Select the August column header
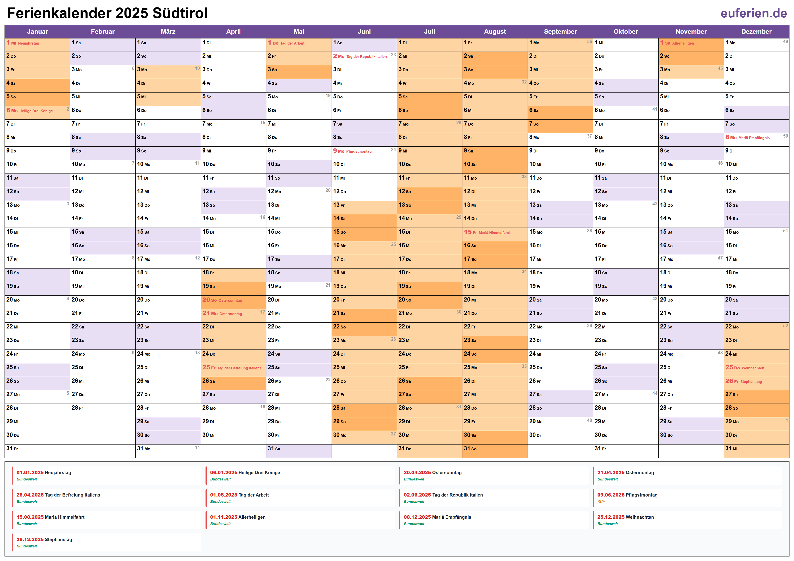495,31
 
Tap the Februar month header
103,31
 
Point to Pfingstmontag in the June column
359,151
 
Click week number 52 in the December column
785,326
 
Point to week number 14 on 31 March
197,447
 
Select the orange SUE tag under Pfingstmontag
601,502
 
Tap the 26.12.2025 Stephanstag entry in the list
44,540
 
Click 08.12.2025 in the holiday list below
417,517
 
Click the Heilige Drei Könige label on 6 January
36,111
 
